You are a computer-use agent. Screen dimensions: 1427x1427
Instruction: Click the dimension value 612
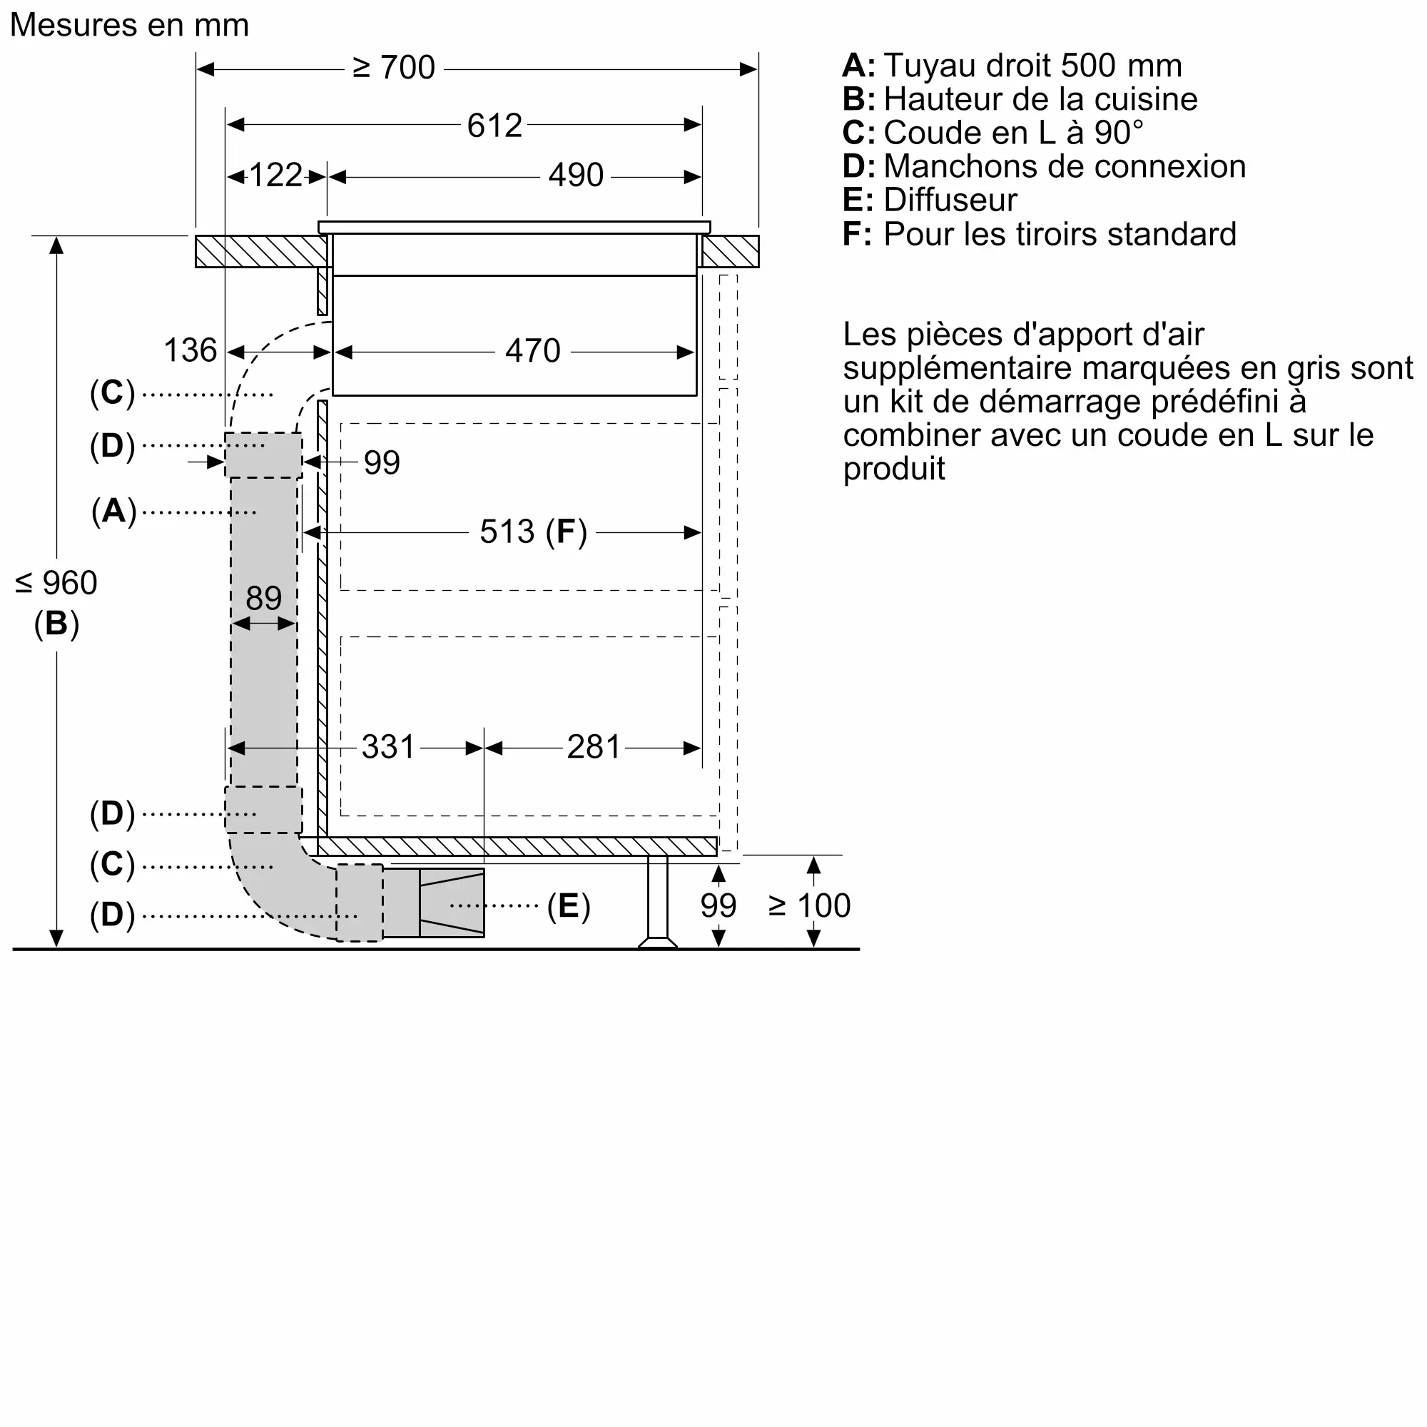pos(494,126)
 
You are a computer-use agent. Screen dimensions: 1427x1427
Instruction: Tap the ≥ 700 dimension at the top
pos(394,68)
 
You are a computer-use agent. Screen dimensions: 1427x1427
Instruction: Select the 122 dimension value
pos(275,176)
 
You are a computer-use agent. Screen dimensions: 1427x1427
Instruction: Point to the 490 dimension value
pos(575,176)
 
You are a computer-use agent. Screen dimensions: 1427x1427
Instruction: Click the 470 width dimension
pos(532,351)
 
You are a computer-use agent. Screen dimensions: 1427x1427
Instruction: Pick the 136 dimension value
pos(190,350)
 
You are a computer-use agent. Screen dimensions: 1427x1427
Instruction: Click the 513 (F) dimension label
pos(532,532)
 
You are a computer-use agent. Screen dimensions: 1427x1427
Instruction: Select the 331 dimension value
pos(389,748)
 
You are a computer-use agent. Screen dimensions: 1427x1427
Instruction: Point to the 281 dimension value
pos(593,748)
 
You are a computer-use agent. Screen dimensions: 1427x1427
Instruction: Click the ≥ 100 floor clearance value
pos(810,905)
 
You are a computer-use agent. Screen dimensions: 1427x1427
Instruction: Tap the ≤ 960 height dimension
pos(56,584)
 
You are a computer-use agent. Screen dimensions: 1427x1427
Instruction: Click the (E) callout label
pos(568,906)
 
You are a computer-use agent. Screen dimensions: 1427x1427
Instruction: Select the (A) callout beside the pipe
pos(113,511)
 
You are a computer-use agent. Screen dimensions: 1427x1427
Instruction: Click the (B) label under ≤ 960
pos(56,624)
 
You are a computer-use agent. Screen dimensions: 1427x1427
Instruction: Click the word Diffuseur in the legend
pos(950,200)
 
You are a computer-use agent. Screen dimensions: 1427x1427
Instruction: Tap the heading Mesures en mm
pos(129,25)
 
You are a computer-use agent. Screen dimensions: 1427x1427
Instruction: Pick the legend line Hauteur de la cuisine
pos(1040,99)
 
